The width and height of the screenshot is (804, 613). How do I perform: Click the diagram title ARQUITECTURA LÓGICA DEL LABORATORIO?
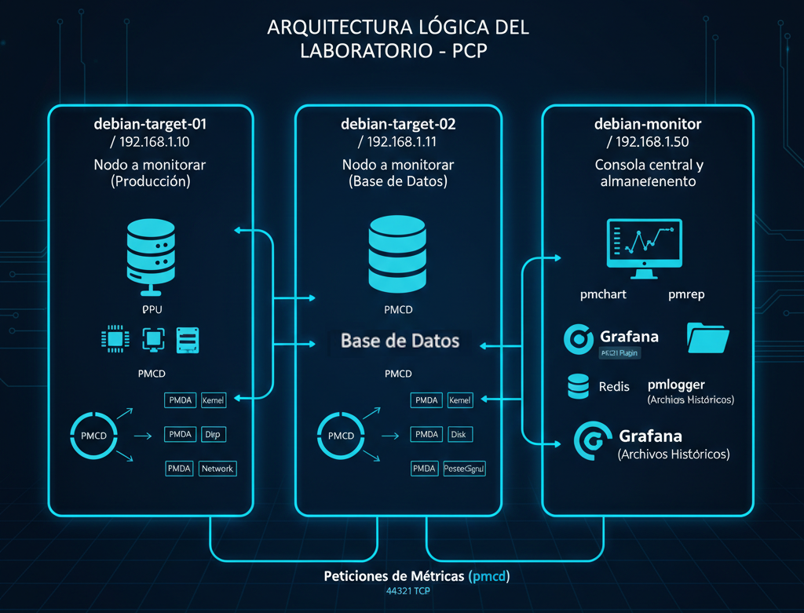398,37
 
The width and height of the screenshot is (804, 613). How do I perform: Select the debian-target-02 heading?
398,124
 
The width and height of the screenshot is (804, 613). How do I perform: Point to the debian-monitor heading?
648,124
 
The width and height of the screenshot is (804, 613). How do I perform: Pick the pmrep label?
686,295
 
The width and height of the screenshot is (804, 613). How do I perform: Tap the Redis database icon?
578,386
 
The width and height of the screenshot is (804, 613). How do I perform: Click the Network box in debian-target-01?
217,469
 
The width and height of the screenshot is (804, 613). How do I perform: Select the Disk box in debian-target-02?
459,434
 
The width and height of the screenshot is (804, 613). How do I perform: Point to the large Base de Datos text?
400,341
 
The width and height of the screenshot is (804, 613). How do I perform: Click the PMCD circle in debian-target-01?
94,432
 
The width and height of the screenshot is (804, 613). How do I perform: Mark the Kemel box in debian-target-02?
459,400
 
